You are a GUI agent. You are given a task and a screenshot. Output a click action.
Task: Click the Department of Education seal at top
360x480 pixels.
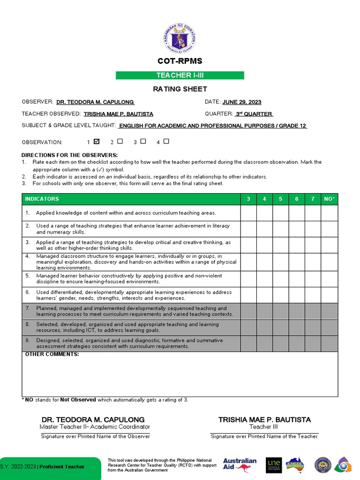click(180, 36)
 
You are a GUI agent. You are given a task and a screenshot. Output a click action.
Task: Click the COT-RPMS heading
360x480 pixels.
click(180, 61)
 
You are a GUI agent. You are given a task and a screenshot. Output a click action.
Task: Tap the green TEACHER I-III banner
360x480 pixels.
click(180, 75)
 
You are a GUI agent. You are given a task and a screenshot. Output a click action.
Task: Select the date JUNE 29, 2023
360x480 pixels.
click(241, 102)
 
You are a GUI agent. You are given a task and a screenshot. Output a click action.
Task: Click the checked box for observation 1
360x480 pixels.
click(97, 141)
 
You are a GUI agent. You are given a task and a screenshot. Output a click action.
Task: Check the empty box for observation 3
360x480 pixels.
click(143, 141)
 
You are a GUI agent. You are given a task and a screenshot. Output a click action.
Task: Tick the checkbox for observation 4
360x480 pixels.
click(166, 141)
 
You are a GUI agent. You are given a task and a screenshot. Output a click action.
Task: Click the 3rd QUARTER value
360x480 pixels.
click(254, 114)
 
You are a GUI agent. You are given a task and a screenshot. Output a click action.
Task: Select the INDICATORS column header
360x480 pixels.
click(42, 199)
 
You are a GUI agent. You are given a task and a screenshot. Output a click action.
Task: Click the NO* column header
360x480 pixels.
click(330, 199)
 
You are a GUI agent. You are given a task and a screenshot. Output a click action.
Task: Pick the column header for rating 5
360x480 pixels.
click(280, 199)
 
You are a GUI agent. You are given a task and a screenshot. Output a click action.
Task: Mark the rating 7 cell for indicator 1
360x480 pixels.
click(313, 213)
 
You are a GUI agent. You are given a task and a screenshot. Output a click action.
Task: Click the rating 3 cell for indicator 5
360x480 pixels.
click(248, 279)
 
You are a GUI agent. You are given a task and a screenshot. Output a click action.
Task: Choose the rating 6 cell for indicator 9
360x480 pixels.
click(297, 344)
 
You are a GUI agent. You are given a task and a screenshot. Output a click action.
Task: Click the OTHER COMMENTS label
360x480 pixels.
click(52, 354)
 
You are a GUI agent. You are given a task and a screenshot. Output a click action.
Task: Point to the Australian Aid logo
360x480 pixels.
click(240, 465)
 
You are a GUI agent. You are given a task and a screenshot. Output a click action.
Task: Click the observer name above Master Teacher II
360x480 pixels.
click(93, 420)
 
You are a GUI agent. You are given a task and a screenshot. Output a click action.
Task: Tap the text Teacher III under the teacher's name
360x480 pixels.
click(264, 427)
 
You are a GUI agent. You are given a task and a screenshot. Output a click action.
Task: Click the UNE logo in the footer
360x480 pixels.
click(273, 465)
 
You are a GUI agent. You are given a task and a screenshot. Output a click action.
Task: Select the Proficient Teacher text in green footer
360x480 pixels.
click(62, 466)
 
